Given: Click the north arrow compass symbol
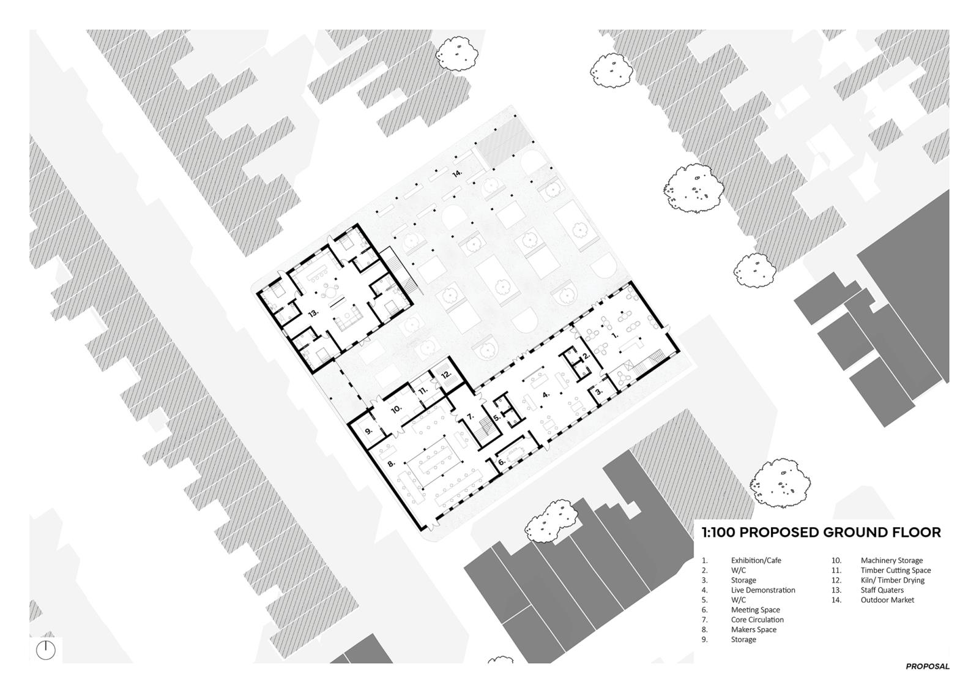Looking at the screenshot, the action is (x=45, y=650).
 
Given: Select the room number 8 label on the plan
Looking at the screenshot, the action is (x=391, y=463).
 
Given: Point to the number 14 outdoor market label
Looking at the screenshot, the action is (x=457, y=174).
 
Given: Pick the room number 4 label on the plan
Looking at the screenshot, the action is (x=545, y=394).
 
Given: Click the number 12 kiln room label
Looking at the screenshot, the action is (x=446, y=375).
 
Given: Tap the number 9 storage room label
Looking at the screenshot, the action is (x=368, y=430).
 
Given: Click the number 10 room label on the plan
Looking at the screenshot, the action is (x=396, y=409).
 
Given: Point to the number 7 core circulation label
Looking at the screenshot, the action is (x=471, y=416).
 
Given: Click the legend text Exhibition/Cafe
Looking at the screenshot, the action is (x=756, y=560).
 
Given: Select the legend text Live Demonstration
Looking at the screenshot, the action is (x=762, y=590).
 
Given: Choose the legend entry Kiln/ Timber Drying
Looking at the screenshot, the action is (x=893, y=580).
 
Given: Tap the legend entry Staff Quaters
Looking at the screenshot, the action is (x=882, y=590).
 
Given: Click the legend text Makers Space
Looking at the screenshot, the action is (x=753, y=629).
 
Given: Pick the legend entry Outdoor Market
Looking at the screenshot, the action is (x=887, y=600).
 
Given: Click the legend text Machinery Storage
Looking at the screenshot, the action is (x=892, y=561).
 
